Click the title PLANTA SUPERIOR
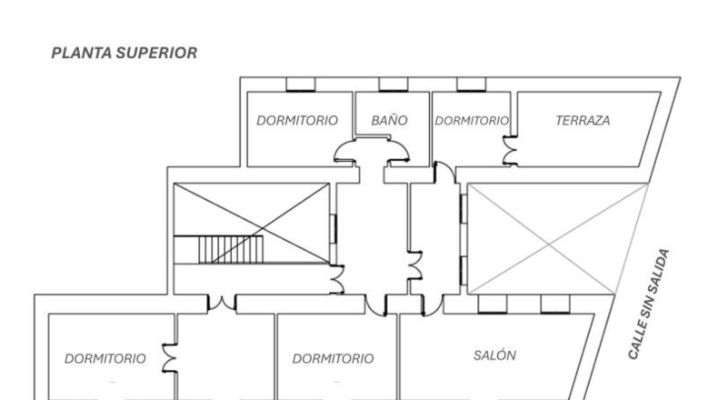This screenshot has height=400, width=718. pos(125,53)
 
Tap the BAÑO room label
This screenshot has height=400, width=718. pos(389,120)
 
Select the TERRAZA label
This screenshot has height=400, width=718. pos(583,121)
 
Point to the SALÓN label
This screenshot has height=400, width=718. pos(494,355)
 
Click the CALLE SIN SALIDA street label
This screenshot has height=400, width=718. pos(648,305)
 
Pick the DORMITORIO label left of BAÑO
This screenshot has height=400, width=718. pos(297,121)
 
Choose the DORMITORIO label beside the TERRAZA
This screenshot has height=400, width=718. pos(472,121)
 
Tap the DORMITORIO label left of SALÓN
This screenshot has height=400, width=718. pos(333,358)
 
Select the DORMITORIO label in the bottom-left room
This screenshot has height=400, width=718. pos(105,358)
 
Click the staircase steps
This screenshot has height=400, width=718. pos(231,250)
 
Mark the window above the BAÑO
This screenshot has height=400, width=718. pos(394,85)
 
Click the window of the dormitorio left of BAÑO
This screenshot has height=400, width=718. pos(301,85)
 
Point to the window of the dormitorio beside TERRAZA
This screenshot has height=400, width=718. pos(471,85)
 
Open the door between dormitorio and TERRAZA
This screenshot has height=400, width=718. pos(509,150)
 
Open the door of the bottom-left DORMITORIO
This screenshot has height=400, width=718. pos(168,358)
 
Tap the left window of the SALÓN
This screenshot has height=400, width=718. pos(493,305)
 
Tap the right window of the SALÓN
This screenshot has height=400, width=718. pos(555,305)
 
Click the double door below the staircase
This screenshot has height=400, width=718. pos(222,303)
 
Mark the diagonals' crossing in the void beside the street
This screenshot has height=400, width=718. pos(549,245)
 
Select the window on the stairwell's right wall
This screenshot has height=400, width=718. pos(334,229)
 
